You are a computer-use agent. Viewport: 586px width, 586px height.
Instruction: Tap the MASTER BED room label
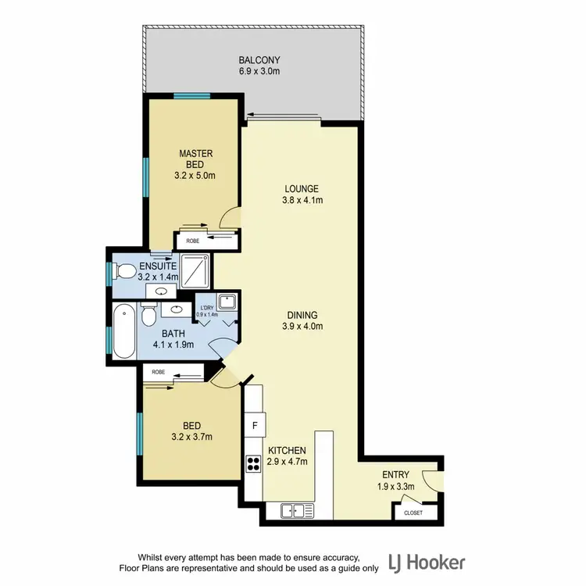(x=195, y=159)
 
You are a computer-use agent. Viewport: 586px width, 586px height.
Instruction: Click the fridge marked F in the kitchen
(x=254, y=426)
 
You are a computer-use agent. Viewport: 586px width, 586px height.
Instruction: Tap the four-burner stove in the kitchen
(x=253, y=465)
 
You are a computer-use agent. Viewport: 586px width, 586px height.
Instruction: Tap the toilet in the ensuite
(x=122, y=272)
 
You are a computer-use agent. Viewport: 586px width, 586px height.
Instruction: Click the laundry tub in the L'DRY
(x=227, y=302)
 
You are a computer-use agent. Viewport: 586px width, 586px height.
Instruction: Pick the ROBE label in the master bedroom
(x=192, y=241)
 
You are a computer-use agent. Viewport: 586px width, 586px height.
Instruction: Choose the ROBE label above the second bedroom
(x=158, y=372)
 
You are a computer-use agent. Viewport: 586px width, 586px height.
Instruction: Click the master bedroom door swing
(x=230, y=217)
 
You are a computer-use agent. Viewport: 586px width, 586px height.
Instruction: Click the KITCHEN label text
(x=287, y=451)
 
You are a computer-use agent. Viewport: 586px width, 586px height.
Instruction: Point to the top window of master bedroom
(x=191, y=96)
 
